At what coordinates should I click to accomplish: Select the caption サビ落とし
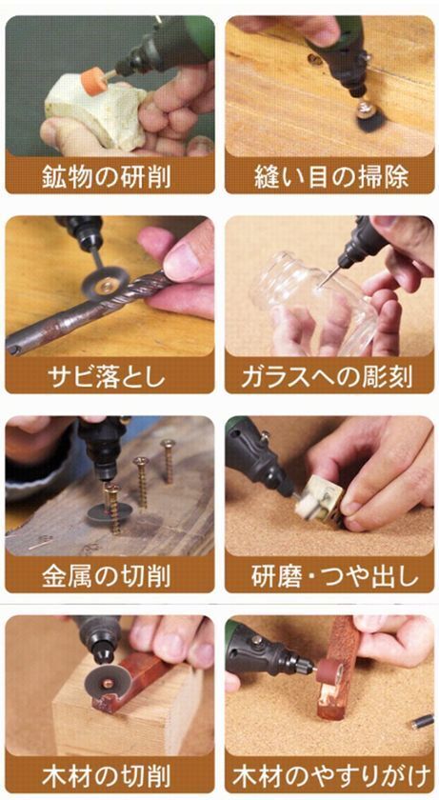point(109,376)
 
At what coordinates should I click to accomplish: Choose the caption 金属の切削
point(109,575)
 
